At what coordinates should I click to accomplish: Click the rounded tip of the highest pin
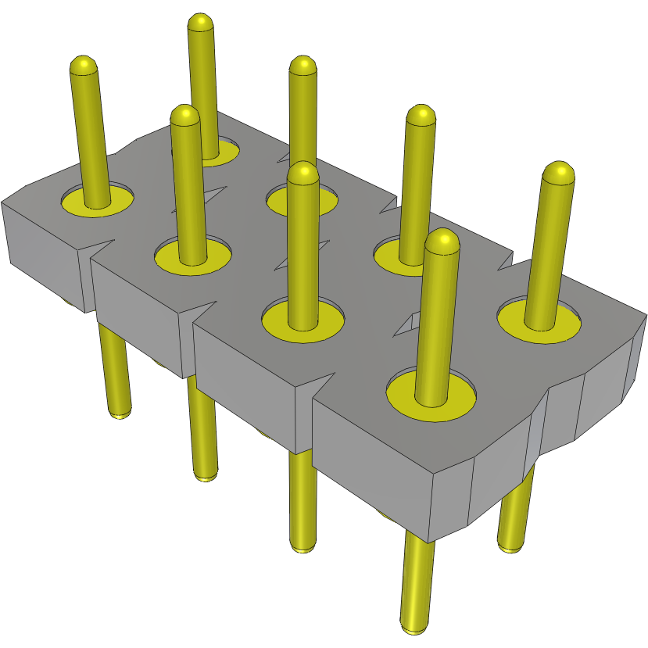click(201, 23)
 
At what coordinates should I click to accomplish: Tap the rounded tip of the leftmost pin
click(83, 65)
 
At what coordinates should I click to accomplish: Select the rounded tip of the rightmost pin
click(559, 172)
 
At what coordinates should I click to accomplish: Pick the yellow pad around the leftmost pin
click(74, 202)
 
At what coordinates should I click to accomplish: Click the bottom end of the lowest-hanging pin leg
click(414, 627)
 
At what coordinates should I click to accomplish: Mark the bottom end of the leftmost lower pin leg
click(120, 413)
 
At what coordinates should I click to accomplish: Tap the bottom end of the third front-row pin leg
click(303, 547)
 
